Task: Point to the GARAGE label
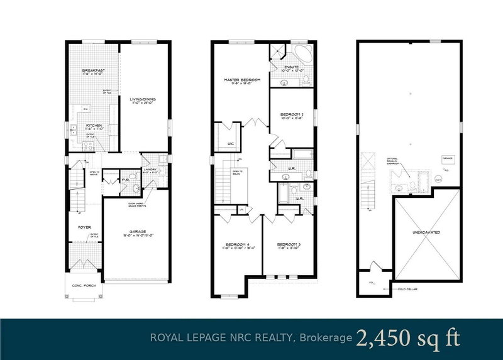pyautogui.click(x=138, y=232)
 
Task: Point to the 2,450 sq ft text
pyautogui.click(x=407, y=337)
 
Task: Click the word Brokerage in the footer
pyautogui.click(x=327, y=338)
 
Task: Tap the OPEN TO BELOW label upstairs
pyautogui.click(x=237, y=172)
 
